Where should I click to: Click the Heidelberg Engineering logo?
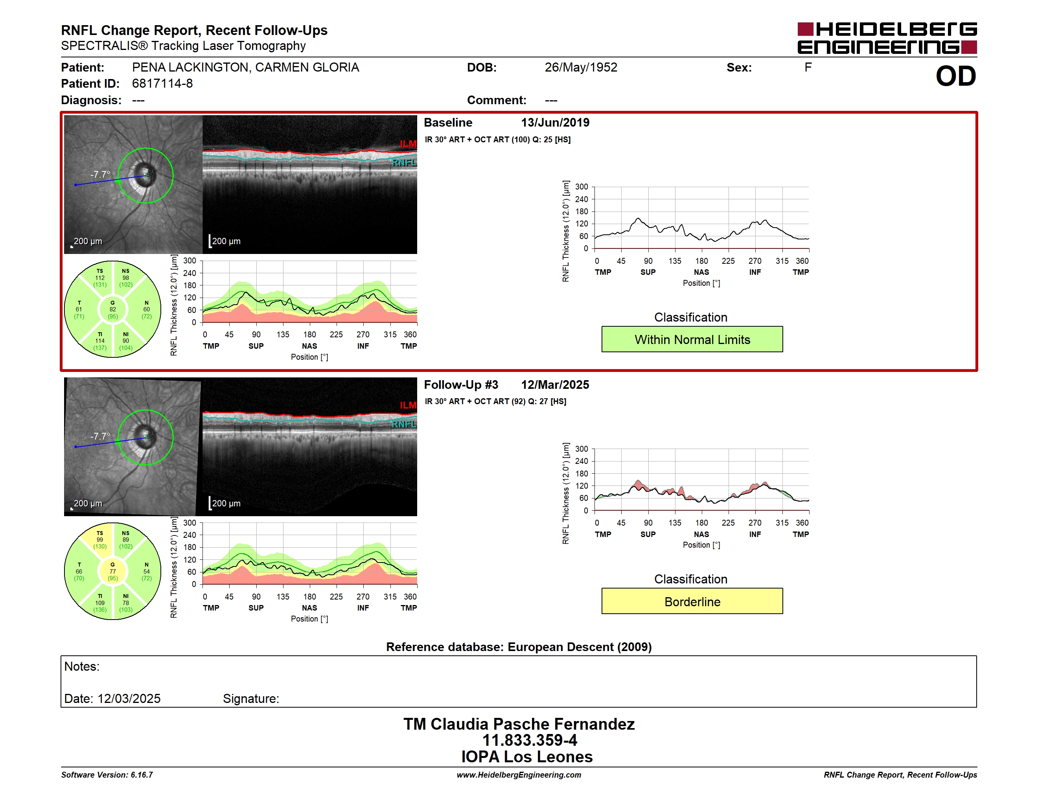tap(887, 38)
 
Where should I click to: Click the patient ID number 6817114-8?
tap(162, 84)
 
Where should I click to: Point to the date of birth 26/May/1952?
tap(581, 68)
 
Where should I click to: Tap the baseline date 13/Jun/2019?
tap(555, 123)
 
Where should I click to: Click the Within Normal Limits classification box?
tap(692, 339)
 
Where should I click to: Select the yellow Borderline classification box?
tap(692, 601)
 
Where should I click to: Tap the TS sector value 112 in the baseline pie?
tap(100, 278)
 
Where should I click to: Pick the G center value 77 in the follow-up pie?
tap(112, 572)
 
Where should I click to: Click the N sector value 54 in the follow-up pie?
tap(146, 572)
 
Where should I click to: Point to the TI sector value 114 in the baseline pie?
tap(100, 341)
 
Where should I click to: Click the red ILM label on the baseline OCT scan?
tap(408, 143)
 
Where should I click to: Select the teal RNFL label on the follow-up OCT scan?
tap(404, 424)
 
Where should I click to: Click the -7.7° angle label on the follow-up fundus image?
tap(100, 436)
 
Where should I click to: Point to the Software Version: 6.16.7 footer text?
tap(107, 775)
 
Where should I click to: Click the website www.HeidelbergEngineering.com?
tap(519, 775)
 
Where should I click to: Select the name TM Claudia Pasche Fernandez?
tap(519, 724)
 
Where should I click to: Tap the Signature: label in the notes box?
tap(251, 699)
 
